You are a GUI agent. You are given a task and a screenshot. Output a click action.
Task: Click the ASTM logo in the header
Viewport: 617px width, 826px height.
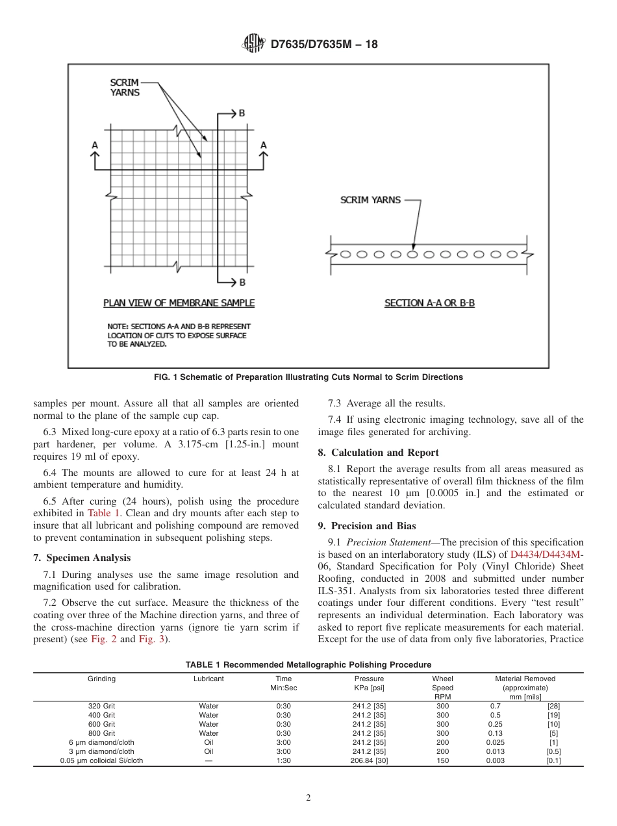point(253,44)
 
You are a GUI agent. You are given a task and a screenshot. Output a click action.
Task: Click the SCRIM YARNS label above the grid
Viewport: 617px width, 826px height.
point(124,88)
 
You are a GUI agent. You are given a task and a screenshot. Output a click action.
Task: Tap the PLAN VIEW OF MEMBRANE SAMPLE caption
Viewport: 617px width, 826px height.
point(179,303)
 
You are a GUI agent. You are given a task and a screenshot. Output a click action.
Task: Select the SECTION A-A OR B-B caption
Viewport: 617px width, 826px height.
point(429,303)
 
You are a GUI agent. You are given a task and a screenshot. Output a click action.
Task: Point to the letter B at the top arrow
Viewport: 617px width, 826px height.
point(242,114)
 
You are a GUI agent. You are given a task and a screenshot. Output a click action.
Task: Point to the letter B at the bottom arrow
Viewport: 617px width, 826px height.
point(242,282)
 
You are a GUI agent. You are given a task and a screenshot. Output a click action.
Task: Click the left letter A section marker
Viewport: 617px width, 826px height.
point(95,145)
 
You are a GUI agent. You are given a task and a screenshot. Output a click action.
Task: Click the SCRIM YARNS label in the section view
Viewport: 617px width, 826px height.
point(370,200)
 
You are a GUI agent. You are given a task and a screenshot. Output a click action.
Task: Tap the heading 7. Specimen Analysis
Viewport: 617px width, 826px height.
point(82,558)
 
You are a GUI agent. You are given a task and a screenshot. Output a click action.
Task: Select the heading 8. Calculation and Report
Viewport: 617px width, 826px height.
point(378,453)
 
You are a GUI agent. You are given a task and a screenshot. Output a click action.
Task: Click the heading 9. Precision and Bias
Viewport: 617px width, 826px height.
point(367,526)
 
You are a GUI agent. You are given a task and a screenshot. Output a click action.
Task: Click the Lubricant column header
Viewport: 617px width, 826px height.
point(208,679)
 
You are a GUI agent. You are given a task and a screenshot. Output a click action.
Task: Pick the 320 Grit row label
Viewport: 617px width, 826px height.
point(102,706)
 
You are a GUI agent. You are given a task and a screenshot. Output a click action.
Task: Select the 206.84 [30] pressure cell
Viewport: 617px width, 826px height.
point(369,760)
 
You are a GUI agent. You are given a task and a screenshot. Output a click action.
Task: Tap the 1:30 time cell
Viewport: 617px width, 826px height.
point(284,760)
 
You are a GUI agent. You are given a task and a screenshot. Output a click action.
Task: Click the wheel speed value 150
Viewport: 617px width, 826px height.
point(442,760)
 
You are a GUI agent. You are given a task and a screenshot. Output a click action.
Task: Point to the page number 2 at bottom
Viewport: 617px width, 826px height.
point(308,798)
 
